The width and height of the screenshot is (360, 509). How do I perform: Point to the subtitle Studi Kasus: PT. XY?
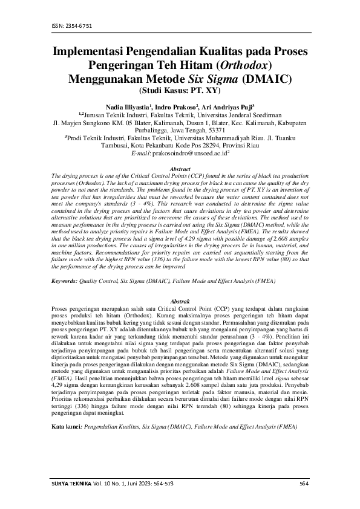pos(180,91)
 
